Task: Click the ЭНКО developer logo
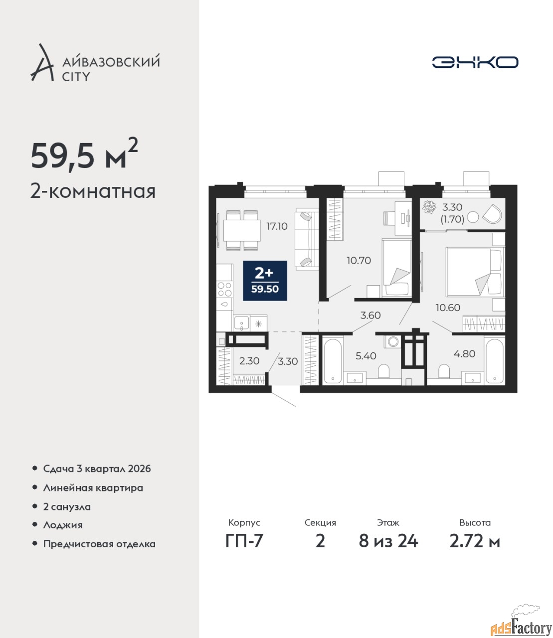tap(475, 62)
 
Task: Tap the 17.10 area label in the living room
tap(277, 226)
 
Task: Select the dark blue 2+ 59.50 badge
tap(265, 281)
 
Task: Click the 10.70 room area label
tap(359, 261)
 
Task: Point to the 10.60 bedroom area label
tap(448, 308)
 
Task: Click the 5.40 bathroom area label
tap(366, 356)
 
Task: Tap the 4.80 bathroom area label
tap(464, 354)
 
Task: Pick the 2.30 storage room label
tap(249, 361)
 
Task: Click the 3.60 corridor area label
tap(370, 316)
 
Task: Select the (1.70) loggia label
tap(452, 219)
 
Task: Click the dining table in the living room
tap(242, 230)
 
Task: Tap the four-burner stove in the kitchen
tap(224, 289)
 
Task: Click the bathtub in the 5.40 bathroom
tap(333, 360)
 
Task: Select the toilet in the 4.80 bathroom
tap(444, 371)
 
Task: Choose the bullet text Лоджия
tap(63, 525)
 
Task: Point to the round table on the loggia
tap(473, 217)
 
